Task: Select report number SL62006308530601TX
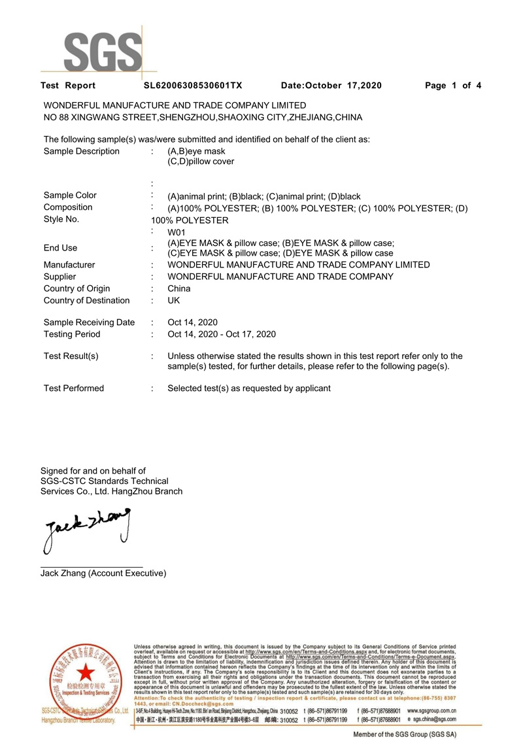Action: tap(193, 86)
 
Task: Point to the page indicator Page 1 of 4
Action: tap(453, 86)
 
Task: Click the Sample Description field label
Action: tap(82, 151)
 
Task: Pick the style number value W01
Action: tap(177, 232)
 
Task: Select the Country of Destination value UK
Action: tap(174, 300)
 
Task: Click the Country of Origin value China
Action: tap(179, 288)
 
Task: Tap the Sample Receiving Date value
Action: tap(193, 322)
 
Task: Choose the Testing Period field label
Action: tap(72, 334)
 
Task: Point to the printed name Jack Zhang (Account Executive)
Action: tap(103, 574)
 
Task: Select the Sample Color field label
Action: tap(70, 195)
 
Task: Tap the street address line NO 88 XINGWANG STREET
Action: tap(203, 117)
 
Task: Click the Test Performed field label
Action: tap(74, 388)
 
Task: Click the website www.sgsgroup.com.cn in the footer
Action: tap(431, 710)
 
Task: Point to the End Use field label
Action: tap(60, 248)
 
